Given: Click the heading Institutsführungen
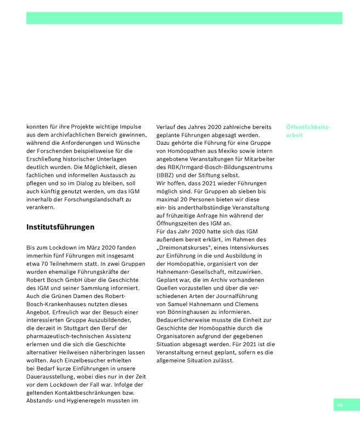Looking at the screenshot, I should [60, 227].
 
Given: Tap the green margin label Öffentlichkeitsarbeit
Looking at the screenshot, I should [308, 131].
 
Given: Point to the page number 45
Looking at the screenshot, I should [340, 405].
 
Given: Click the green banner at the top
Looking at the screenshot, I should [184, 18].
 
